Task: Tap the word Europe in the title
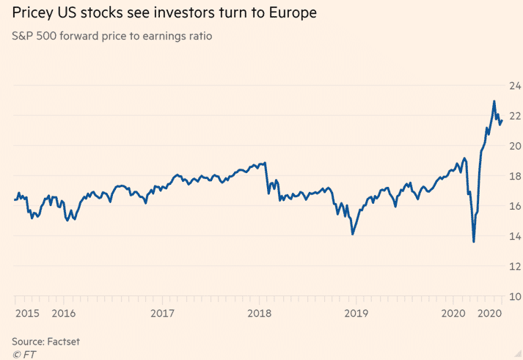pyautogui.click(x=293, y=13)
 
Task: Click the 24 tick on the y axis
pyautogui.click(x=513, y=85)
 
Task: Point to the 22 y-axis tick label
pyautogui.click(x=513, y=115)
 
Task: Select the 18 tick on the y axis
pyautogui.click(x=513, y=176)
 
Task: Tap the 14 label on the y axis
pyautogui.click(x=513, y=236)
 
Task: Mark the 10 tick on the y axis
pyautogui.click(x=513, y=296)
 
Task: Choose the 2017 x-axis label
pyautogui.click(x=162, y=314)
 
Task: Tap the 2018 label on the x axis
pyautogui.click(x=260, y=314)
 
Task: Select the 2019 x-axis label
pyautogui.click(x=356, y=314)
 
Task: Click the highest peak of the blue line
pyautogui.click(x=494, y=101)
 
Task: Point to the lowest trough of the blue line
pyautogui.click(x=474, y=241)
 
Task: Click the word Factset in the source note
pyautogui.click(x=64, y=342)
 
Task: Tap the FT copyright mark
pyautogui.click(x=23, y=354)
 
